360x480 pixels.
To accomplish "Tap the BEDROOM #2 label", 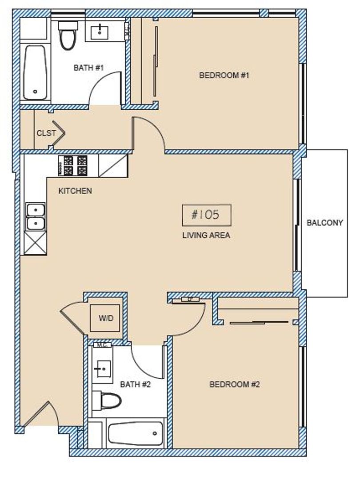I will point(234,384).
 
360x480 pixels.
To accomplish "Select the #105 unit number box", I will point(206,215).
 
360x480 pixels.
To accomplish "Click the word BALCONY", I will point(325,223).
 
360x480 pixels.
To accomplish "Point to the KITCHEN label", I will point(75,191).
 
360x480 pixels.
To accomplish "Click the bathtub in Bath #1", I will point(35,72).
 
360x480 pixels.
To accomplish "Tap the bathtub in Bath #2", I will point(136,433).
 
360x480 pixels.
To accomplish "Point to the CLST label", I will point(46,132).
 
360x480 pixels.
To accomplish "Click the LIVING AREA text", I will point(206,236).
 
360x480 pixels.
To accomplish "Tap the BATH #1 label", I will point(88,68).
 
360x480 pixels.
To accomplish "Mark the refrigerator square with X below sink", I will point(35,243).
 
